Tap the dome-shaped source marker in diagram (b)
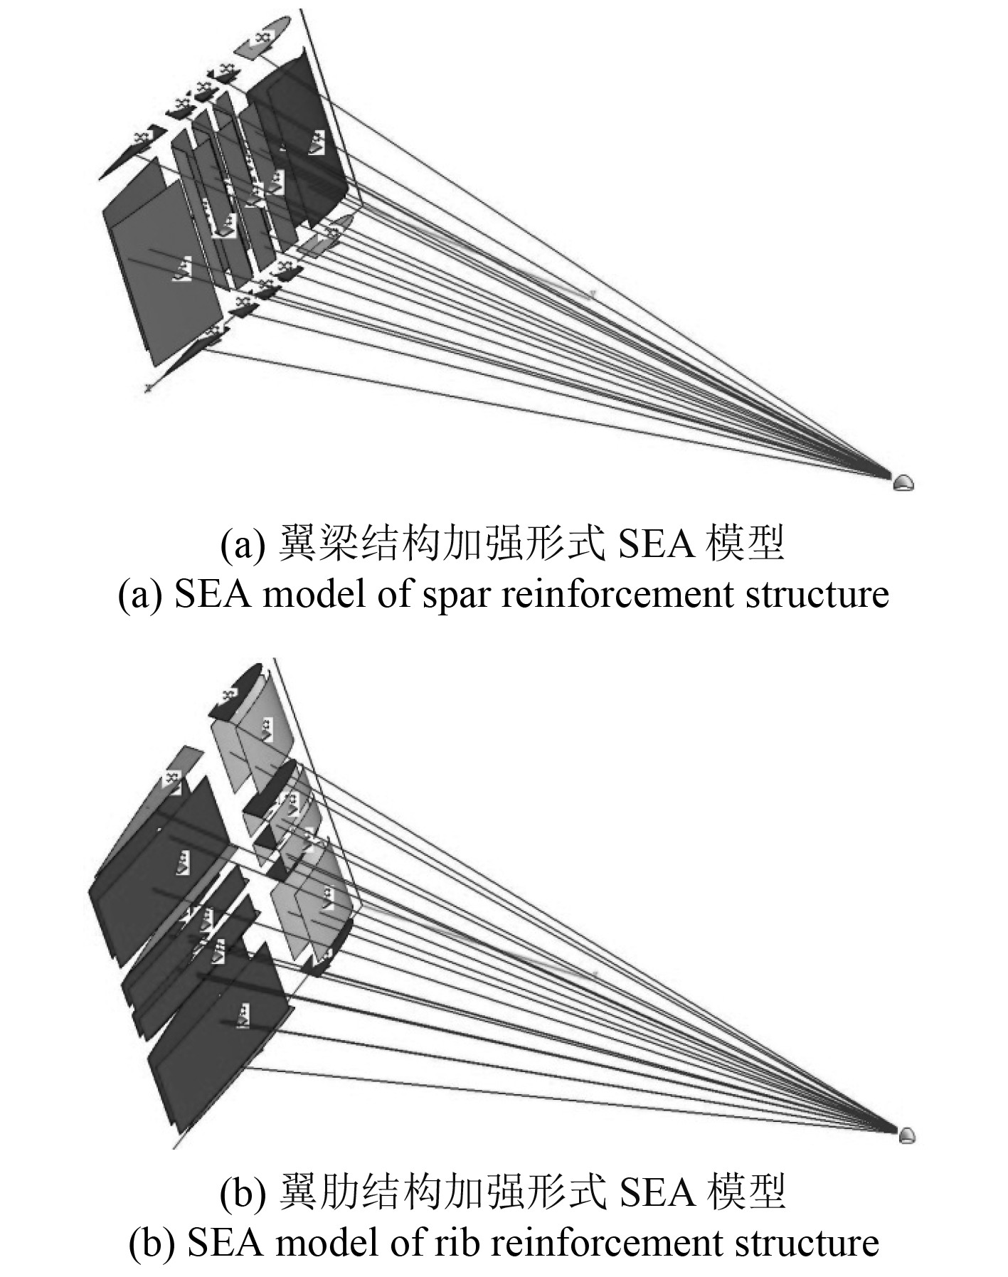point(906,1135)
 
